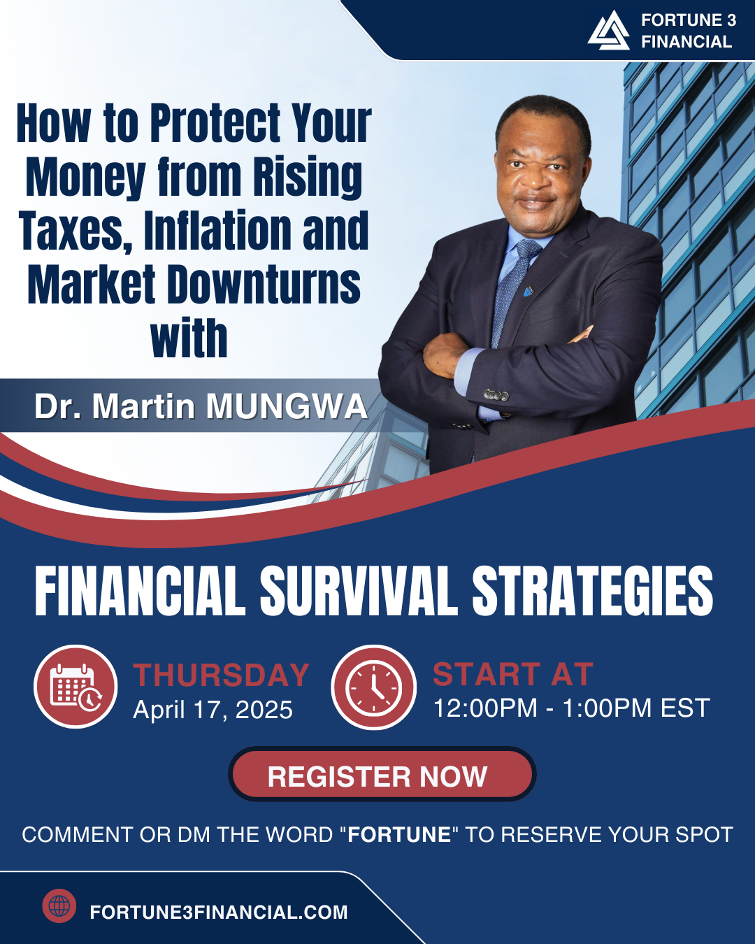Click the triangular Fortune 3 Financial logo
tap(609, 31)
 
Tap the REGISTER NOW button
tap(382, 776)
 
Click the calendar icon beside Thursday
tap(75, 687)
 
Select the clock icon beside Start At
tap(373, 687)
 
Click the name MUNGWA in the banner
tap(287, 407)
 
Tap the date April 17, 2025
tap(213, 709)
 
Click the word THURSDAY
tap(221, 675)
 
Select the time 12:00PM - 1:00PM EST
tap(571, 708)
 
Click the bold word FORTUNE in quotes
tap(399, 834)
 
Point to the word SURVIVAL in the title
tap(359, 590)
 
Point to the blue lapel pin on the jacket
tap(528, 290)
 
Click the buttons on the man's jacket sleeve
tap(496, 395)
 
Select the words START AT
tap(513, 674)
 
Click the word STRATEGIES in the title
tap(592, 590)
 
